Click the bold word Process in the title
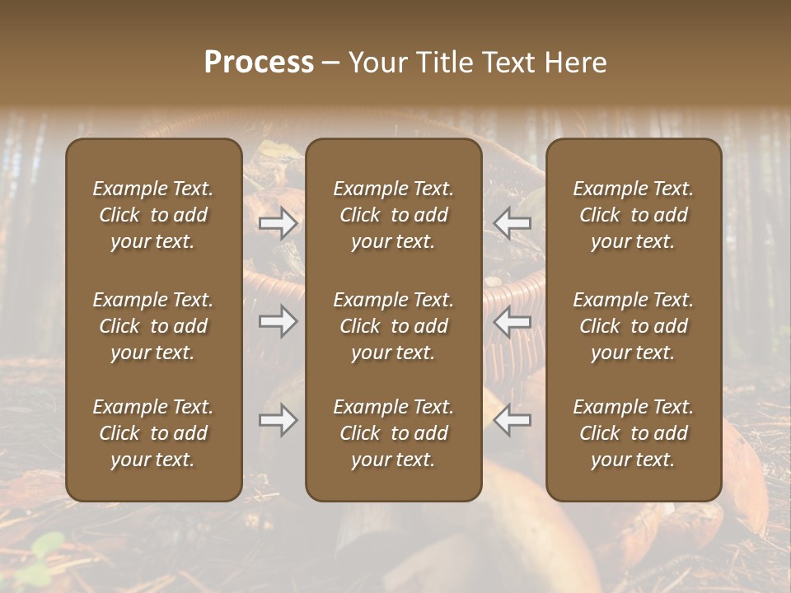point(259,63)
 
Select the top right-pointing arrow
point(278,223)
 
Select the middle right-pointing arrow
point(278,321)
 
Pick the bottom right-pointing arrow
point(278,421)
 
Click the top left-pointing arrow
point(512,223)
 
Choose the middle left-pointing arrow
point(512,321)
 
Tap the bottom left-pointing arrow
point(512,421)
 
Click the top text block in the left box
point(153,215)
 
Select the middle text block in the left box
point(153,326)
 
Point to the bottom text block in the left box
point(153,433)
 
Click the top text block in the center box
point(394,215)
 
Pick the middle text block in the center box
point(394,326)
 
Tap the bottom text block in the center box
point(394,433)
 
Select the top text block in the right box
point(634,215)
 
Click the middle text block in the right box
point(634,326)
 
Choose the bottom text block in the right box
point(634,433)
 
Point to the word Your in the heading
point(376,63)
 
